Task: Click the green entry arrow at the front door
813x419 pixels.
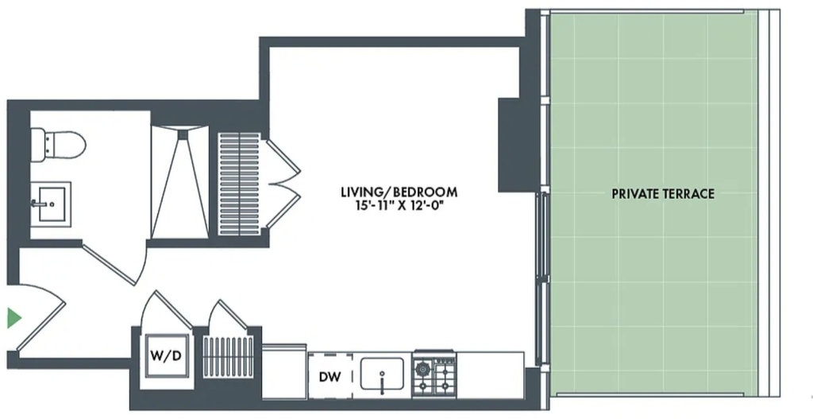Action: pos(14,318)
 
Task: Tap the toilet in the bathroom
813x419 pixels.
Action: pos(57,145)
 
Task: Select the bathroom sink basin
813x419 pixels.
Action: pos(52,204)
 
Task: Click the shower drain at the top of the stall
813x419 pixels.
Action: pos(182,134)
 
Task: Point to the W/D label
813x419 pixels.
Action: pos(166,356)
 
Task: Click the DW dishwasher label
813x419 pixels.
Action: pos(329,377)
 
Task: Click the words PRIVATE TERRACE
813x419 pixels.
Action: pos(663,194)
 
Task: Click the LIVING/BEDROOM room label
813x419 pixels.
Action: pos(399,192)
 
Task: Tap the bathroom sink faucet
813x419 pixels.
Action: pos(37,204)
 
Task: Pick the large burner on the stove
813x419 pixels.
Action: pos(422,369)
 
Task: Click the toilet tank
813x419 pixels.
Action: pos(38,145)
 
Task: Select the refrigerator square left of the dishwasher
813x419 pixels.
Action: pos(284,371)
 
